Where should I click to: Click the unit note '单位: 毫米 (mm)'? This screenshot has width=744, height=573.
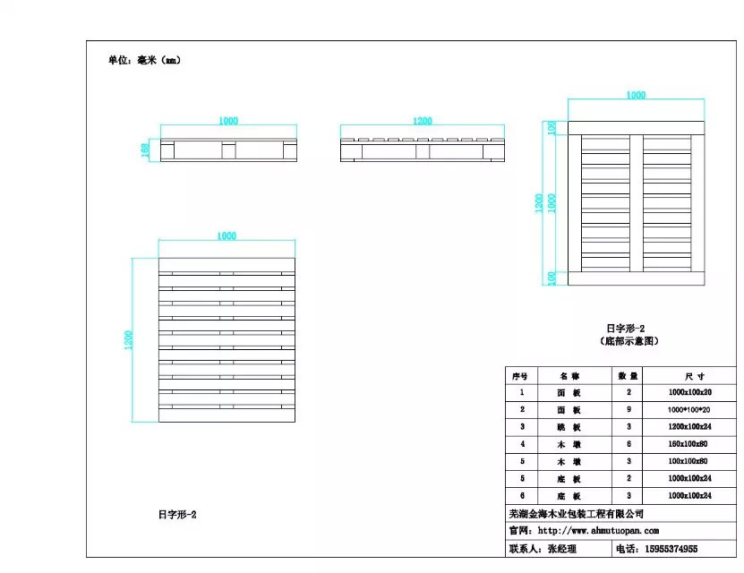point(144,61)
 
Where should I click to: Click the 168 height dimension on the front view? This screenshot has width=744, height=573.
point(145,150)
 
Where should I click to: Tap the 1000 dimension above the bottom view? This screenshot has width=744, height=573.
point(636,94)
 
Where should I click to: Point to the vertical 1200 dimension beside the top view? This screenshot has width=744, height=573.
point(129,339)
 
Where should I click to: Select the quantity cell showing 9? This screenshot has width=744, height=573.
point(628,409)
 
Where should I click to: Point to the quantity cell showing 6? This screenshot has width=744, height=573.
point(628,443)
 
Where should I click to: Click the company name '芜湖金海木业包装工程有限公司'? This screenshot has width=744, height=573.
point(576,514)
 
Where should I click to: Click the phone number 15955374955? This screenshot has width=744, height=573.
point(668,548)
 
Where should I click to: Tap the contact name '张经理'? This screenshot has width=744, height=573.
point(562,548)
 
